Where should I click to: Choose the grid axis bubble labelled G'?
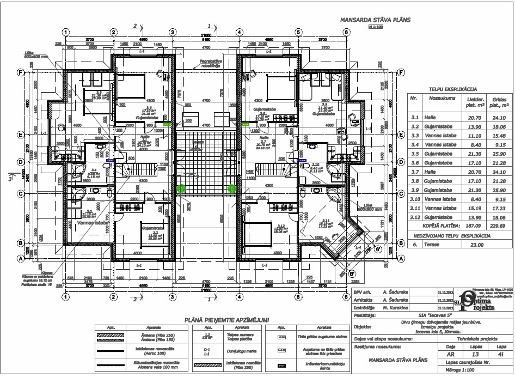click(377, 250)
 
